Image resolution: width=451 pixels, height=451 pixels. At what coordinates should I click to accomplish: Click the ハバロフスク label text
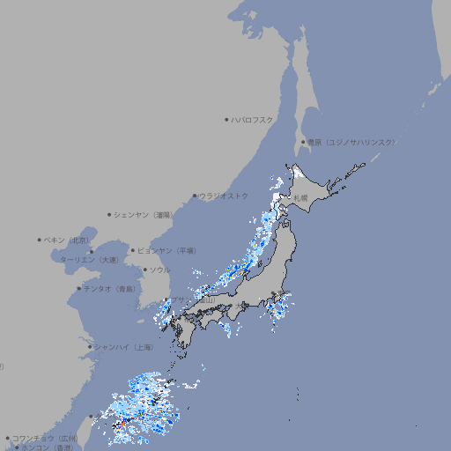pos(253,120)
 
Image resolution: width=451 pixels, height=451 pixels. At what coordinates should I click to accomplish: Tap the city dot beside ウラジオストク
pos(195,196)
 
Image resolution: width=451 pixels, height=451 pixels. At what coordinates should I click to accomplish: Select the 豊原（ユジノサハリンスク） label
pos(351,142)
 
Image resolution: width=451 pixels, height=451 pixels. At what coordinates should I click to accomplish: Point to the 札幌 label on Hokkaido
pos(301,198)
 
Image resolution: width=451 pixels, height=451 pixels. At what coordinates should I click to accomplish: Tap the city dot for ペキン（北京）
pos(40,240)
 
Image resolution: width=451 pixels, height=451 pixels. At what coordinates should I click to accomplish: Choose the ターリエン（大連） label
pos(89,261)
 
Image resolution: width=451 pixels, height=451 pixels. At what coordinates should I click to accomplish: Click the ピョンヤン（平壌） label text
pos(167,251)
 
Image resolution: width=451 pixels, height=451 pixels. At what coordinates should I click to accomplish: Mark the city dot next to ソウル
pos(144,270)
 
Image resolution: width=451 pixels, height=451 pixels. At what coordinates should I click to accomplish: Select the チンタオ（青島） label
pos(110,289)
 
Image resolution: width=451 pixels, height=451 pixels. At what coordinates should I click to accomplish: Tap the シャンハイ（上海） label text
pos(123,348)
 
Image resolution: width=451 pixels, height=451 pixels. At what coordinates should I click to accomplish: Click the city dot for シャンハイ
pos(90,347)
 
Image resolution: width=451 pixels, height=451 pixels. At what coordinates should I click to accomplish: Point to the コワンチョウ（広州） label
pos(45,438)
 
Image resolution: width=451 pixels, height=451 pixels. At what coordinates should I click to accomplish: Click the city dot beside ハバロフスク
pos(226,120)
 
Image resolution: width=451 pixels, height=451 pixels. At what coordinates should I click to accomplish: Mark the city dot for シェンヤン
pos(109,214)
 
